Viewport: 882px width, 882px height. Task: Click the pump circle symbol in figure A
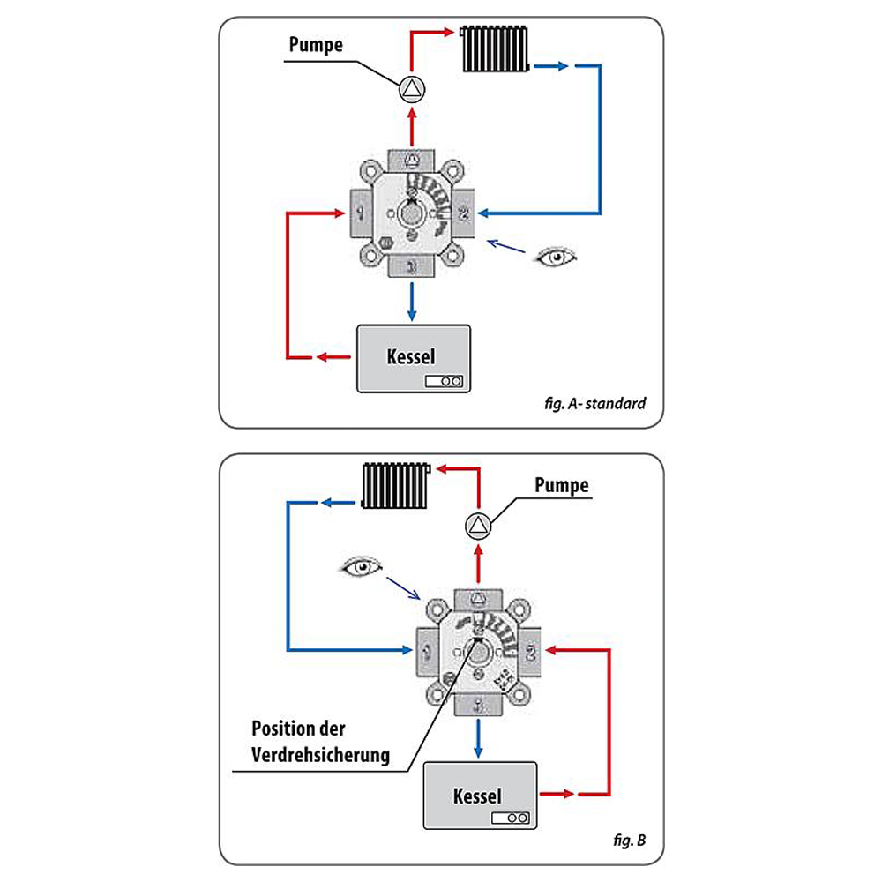(x=412, y=89)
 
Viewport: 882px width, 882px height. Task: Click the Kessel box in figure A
(x=413, y=359)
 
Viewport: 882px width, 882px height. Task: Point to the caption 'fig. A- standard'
(x=595, y=404)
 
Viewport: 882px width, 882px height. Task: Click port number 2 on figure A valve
(x=465, y=213)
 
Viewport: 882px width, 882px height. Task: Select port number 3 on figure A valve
(x=412, y=265)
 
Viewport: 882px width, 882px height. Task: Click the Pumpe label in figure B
(x=562, y=486)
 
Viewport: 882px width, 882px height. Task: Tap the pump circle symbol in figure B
(x=478, y=527)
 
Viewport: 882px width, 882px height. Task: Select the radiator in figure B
(x=395, y=486)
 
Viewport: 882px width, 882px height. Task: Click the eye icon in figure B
(x=362, y=567)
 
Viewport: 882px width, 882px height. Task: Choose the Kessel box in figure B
(x=479, y=796)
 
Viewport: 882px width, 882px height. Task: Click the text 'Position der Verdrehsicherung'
(x=320, y=743)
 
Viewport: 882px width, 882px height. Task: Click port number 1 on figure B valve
(x=427, y=654)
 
